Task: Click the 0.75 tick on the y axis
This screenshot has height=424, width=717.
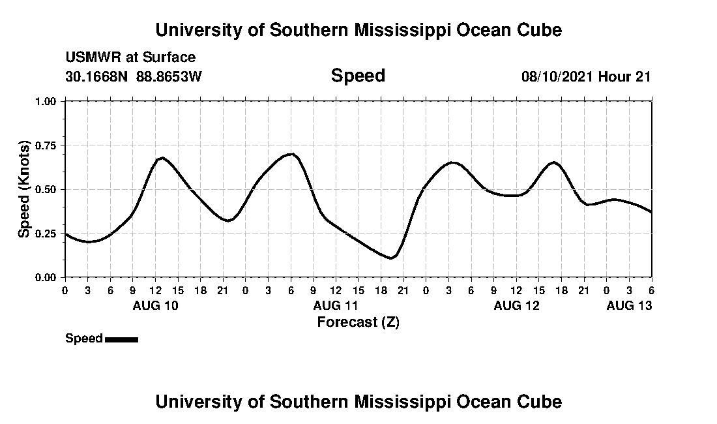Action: pyautogui.click(x=50, y=145)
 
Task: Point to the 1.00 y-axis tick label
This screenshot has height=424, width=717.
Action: pyautogui.click(x=50, y=101)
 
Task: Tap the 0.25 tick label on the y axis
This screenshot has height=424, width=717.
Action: pyautogui.click(x=50, y=233)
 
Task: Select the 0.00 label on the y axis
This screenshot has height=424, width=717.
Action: pyautogui.click(x=50, y=277)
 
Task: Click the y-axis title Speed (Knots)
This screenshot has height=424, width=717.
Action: pyautogui.click(x=24, y=189)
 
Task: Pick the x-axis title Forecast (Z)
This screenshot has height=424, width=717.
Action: pyautogui.click(x=358, y=322)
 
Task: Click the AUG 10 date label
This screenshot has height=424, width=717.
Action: pyautogui.click(x=155, y=305)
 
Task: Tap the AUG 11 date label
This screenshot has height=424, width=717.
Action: pyautogui.click(x=336, y=305)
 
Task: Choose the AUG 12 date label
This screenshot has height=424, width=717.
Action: pyautogui.click(x=516, y=305)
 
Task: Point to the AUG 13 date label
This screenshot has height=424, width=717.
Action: pyautogui.click(x=629, y=305)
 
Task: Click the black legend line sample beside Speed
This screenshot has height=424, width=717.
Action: pyautogui.click(x=121, y=339)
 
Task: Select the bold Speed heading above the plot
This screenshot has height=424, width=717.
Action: pyautogui.click(x=358, y=76)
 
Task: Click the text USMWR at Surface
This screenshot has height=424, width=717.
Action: pyautogui.click(x=130, y=57)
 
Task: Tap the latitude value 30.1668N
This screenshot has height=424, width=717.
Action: pyautogui.click(x=98, y=76)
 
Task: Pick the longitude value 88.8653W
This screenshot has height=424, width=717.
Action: pyautogui.click(x=169, y=76)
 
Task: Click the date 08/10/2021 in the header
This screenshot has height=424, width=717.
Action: pyautogui.click(x=557, y=76)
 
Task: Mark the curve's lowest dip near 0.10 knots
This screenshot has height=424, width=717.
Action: pyautogui.click(x=390, y=258)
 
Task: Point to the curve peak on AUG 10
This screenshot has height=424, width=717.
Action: pyautogui.click(x=162, y=158)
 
